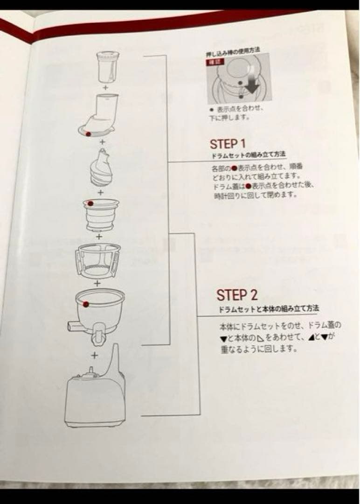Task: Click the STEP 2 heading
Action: point(236,295)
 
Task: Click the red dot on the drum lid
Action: point(88,133)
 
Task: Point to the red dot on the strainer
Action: point(90,203)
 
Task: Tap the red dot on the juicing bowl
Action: point(86,304)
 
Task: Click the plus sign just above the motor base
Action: point(95,355)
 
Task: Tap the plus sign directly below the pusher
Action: point(105,87)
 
